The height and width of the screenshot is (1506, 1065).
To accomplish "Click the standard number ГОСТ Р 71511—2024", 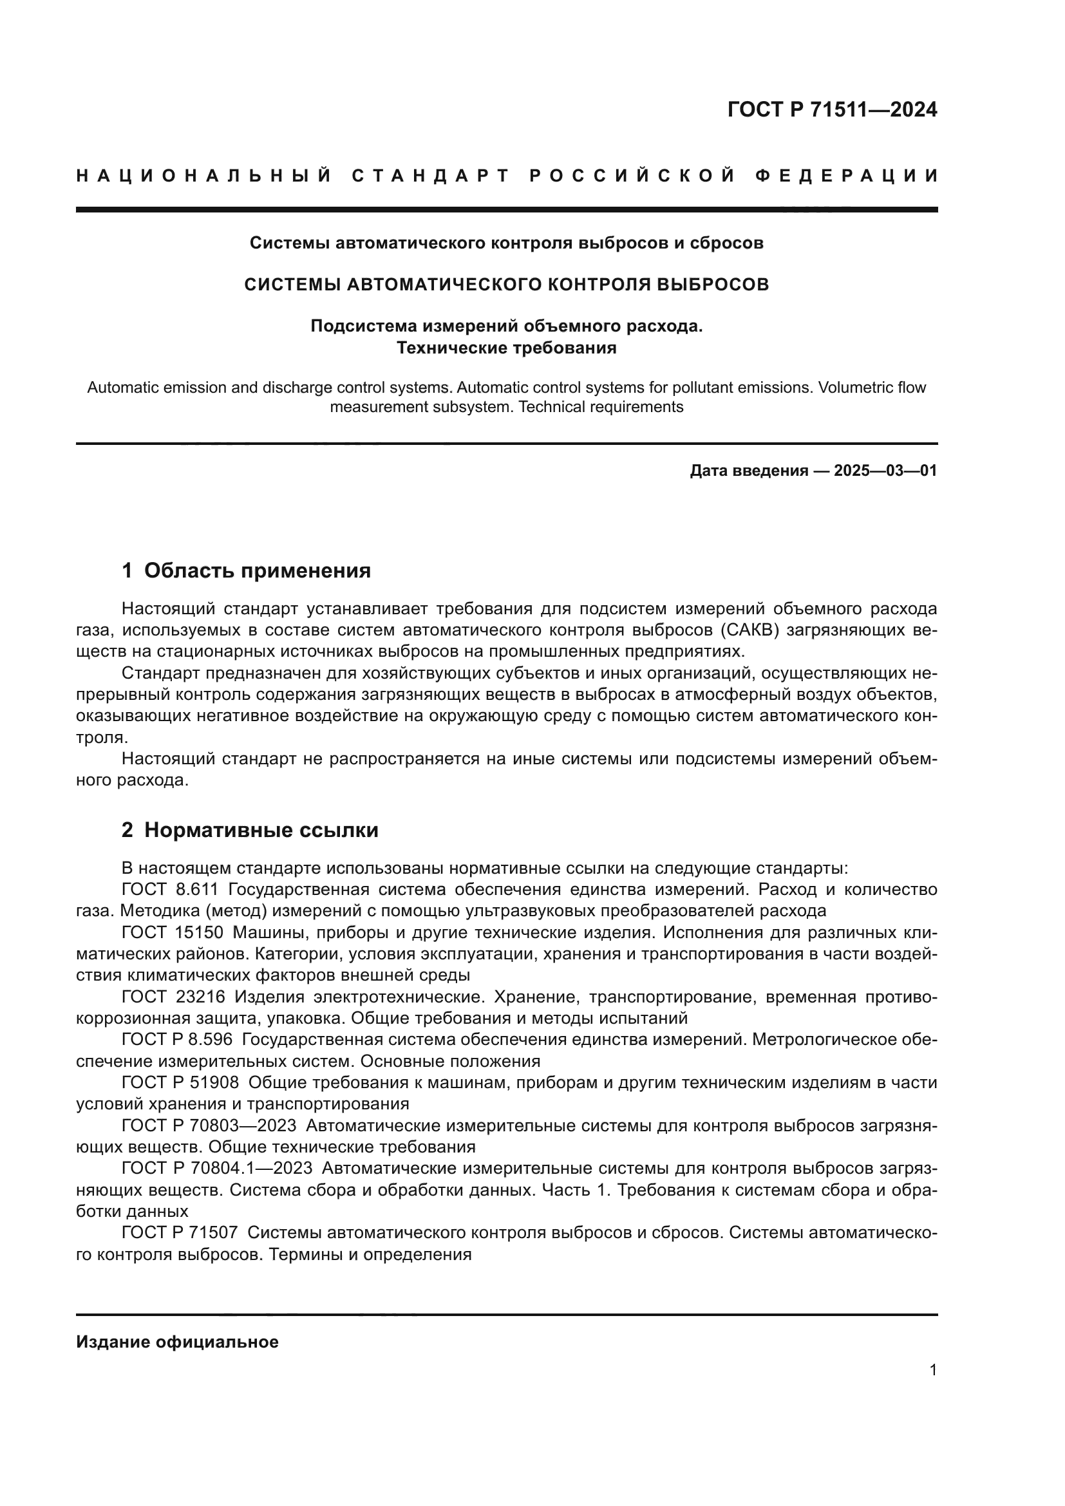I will (x=831, y=109).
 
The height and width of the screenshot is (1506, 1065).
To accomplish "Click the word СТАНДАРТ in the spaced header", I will (x=431, y=176).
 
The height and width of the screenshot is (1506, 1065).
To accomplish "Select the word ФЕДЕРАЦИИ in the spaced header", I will (x=847, y=176).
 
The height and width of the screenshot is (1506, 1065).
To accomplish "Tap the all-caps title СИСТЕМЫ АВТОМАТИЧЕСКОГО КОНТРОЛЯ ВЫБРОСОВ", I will (x=506, y=285).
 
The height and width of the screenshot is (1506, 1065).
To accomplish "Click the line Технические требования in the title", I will (x=506, y=348).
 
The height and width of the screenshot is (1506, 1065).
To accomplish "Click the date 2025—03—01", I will (x=885, y=470).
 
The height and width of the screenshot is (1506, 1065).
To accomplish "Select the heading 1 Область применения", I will (x=246, y=570).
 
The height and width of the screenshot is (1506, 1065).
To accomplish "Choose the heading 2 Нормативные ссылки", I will (x=250, y=831).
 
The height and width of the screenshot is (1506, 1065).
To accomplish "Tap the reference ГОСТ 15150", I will (x=173, y=932).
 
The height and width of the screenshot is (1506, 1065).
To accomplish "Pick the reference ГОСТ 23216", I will (x=173, y=997).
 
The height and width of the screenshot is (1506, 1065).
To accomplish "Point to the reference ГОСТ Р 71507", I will (x=180, y=1232).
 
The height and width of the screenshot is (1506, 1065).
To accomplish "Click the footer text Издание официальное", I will (x=177, y=1342).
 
